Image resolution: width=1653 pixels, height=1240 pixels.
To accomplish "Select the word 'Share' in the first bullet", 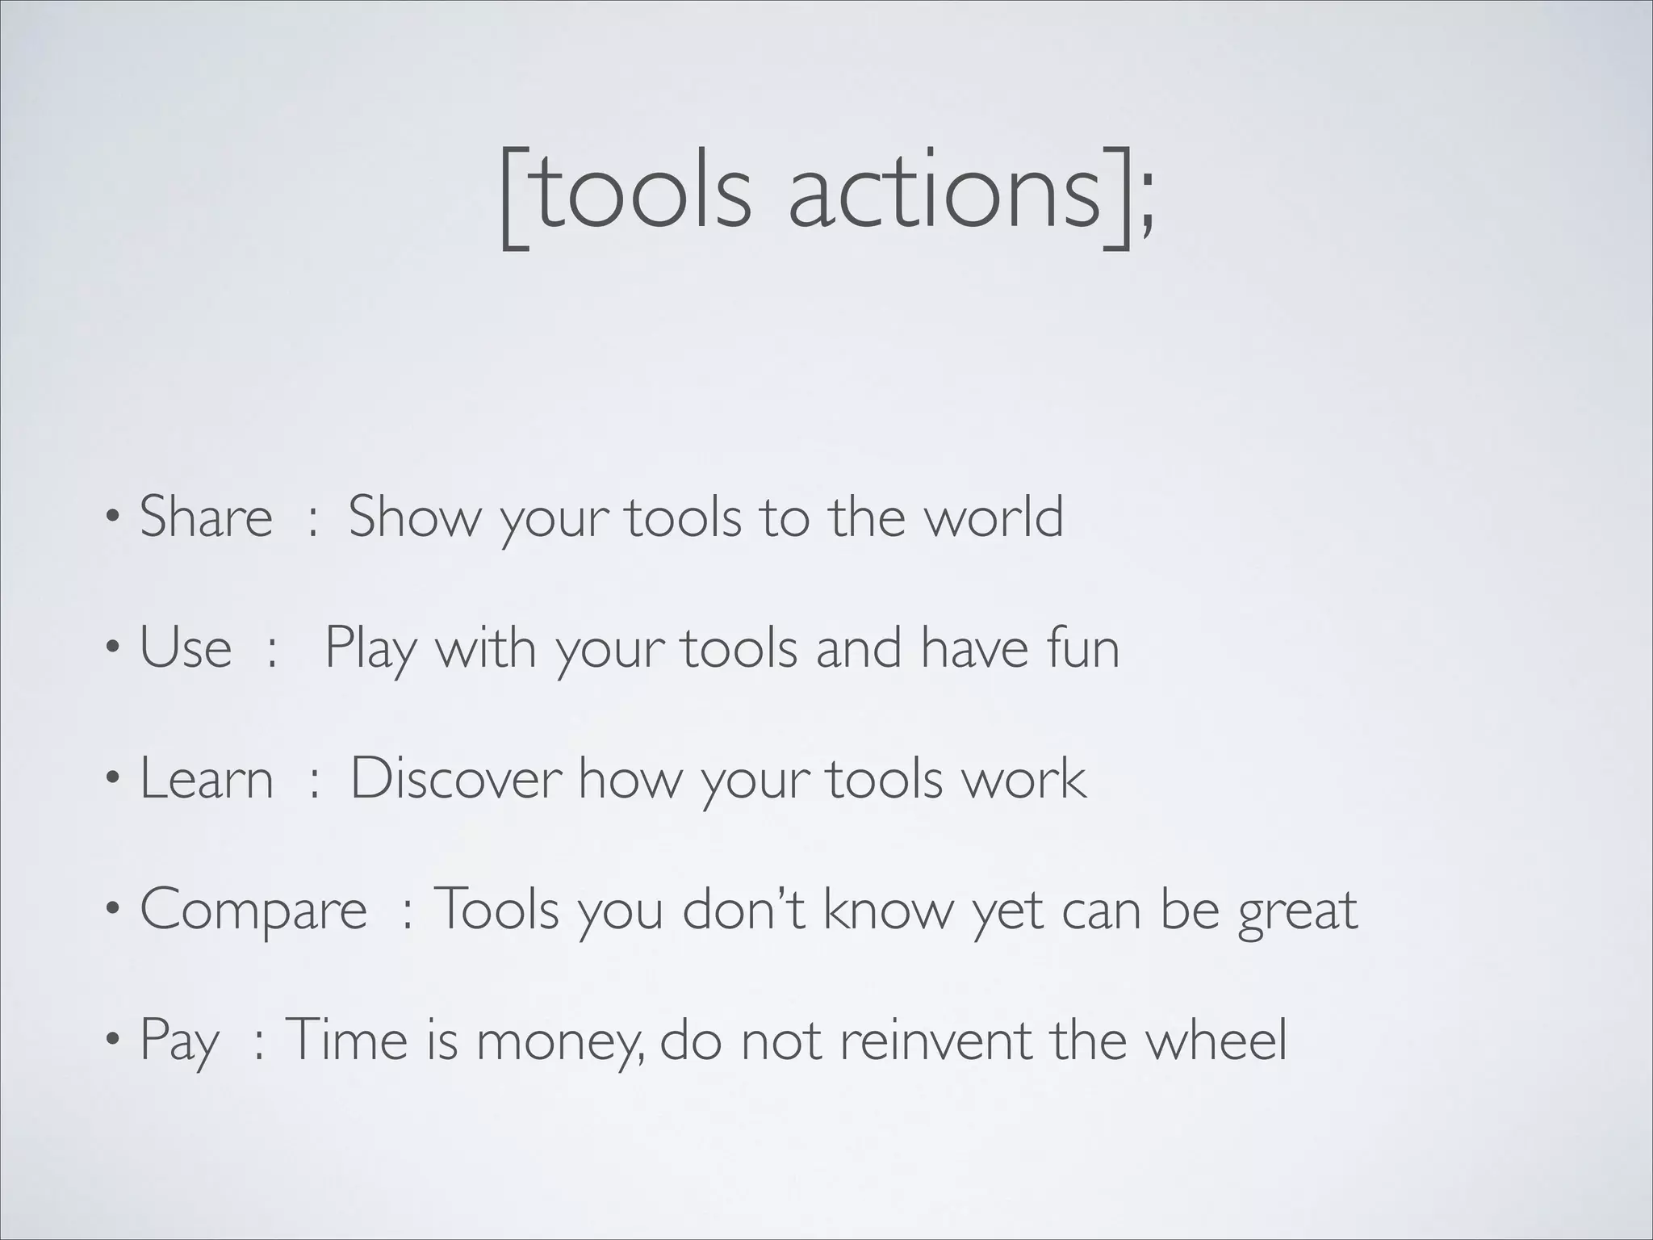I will click(x=206, y=517).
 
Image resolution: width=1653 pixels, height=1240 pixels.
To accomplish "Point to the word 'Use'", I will click(x=186, y=647).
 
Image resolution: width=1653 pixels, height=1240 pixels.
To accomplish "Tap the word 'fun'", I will click(x=1082, y=647).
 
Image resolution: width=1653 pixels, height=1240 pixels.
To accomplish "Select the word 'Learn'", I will click(x=207, y=778).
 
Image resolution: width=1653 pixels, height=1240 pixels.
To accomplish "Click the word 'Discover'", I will click(x=455, y=778).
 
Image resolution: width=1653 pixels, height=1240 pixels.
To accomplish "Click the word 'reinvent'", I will click(x=935, y=1040).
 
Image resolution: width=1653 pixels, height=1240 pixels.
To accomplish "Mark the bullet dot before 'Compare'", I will click(x=115, y=910).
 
